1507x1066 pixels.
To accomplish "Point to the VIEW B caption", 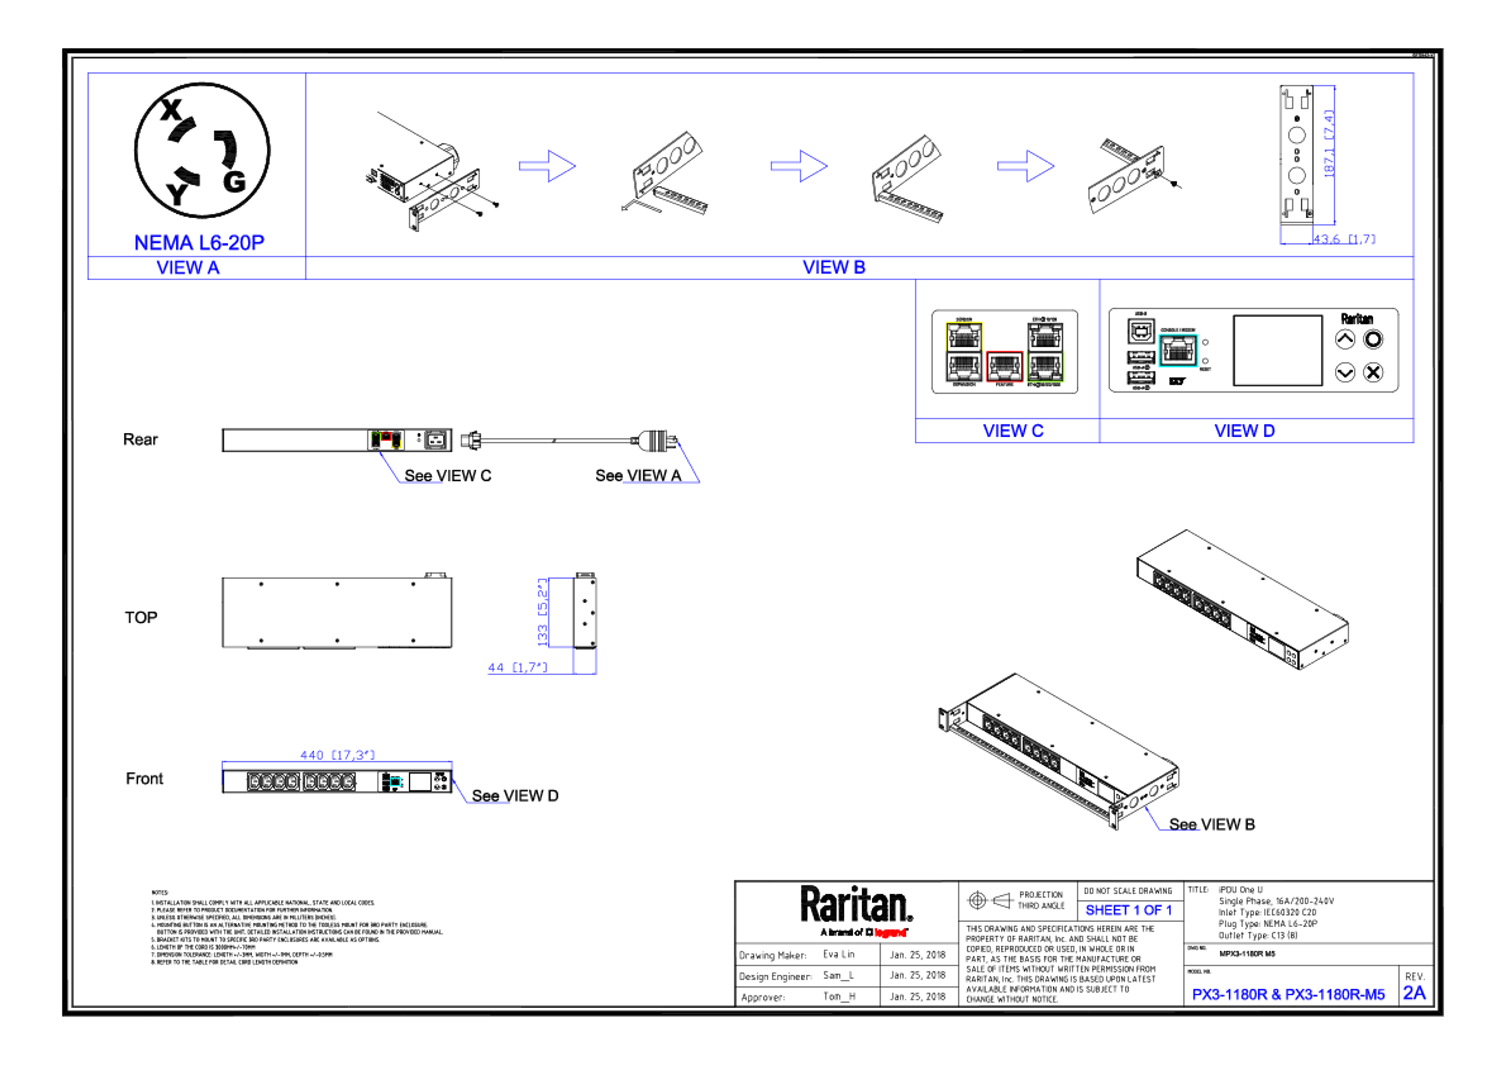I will coord(834,267).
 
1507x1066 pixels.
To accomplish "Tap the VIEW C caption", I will coord(1013,431).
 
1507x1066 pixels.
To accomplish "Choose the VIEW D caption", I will coord(1244,431).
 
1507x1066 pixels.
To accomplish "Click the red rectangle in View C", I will coord(1004,366).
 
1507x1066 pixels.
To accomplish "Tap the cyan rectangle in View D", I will coord(1178,350).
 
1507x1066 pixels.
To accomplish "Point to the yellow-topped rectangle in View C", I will coord(963,351).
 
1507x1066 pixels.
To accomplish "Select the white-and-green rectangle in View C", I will coord(1045,351).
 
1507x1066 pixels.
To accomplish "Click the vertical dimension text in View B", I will coord(1328,143).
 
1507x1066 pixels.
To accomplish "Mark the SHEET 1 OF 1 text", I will coord(1128,911).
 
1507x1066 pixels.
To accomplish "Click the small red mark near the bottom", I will coord(890,933).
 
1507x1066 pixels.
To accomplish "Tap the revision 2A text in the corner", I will coord(1414,993).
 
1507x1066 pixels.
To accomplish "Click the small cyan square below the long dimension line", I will coord(396,782).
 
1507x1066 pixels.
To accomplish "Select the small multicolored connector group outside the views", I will coord(386,440).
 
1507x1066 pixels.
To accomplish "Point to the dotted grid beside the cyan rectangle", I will coord(1141,368).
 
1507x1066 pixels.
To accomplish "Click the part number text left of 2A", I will coord(1288,995).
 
